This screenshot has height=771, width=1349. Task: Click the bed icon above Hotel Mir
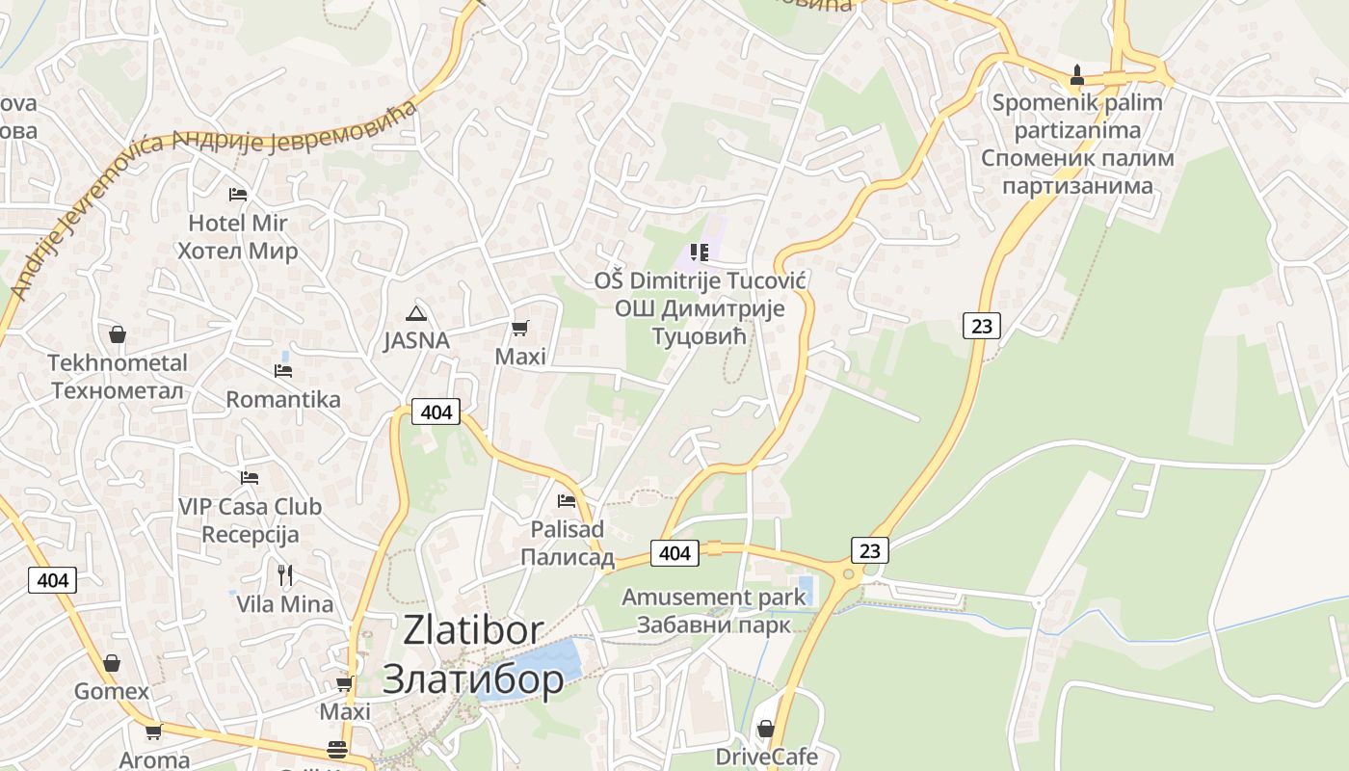pyautogui.click(x=238, y=195)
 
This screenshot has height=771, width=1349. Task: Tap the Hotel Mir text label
pyautogui.click(x=237, y=224)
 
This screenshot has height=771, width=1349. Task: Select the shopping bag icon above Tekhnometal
pyautogui.click(x=118, y=334)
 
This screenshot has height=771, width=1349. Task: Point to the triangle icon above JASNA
pyautogui.click(x=416, y=312)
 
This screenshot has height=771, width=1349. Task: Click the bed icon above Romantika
pyautogui.click(x=283, y=370)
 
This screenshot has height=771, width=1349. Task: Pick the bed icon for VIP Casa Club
pyautogui.click(x=250, y=477)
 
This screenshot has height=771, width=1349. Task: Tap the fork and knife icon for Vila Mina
pyautogui.click(x=285, y=575)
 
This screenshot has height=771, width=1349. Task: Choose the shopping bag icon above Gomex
pyautogui.click(x=112, y=663)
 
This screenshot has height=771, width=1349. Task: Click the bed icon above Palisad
pyautogui.click(x=567, y=501)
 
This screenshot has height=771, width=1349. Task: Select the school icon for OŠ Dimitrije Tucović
pyautogui.click(x=700, y=253)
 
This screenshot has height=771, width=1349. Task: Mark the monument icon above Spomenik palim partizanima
pyautogui.click(x=1077, y=74)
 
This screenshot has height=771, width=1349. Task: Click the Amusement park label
pyautogui.click(x=713, y=597)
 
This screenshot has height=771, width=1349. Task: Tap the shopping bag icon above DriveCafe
pyautogui.click(x=766, y=728)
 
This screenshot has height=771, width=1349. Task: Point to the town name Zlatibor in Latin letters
pyautogui.click(x=473, y=630)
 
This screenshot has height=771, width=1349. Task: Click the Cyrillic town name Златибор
pyautogui.click(x=473, y=679)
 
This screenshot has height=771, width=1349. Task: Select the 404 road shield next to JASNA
pyautogui.click(x=436, y=412)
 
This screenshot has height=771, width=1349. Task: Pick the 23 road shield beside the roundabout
pyautogui.click(x=869, y=550)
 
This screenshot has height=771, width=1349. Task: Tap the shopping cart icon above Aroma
pyautogui.click(x=154, y=731)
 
